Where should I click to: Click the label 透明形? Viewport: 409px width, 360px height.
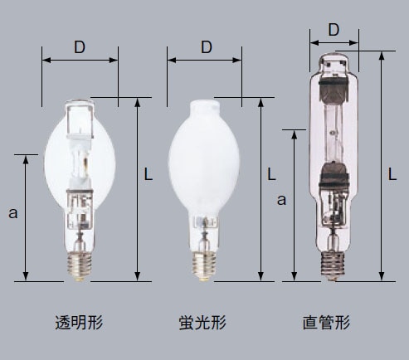[79, 323]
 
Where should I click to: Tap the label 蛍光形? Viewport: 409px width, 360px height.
[202, 323]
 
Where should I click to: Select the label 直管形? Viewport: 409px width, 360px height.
[326, 323]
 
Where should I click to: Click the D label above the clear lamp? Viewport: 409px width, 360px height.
[80, 47]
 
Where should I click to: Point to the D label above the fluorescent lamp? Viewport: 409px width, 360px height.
[207, 47]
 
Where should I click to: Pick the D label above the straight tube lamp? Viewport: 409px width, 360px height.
[334, 30]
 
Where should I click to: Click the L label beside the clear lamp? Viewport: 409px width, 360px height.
[149, 174]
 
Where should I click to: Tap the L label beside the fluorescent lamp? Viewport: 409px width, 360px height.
[271, 174]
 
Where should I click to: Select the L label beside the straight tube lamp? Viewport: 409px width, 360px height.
[392, 174]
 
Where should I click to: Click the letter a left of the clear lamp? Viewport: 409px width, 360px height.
[12, 213]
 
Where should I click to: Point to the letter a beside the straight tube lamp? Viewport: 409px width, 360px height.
[281, 200]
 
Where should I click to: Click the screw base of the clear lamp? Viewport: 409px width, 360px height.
[80, 266]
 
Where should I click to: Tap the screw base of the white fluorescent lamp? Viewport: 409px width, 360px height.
[204, 266]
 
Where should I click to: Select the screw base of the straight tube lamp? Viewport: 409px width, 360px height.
[333, 265]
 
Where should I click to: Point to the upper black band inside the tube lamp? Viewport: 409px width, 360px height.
[333, 81]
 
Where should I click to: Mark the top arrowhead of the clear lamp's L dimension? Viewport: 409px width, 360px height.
[138, 102]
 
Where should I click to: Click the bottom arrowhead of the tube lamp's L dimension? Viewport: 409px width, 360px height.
[382, 277]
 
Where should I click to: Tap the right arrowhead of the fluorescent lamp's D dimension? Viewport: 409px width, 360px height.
[237, 60]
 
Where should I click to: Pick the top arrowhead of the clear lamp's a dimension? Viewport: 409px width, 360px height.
[26, 159]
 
